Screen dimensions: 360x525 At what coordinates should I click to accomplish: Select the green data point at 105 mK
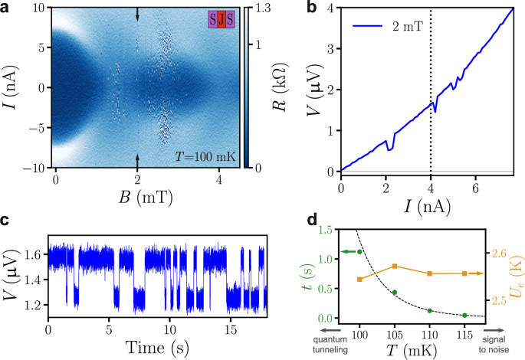pos(395,292)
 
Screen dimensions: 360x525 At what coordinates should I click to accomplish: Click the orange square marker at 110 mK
pos(430,273)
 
